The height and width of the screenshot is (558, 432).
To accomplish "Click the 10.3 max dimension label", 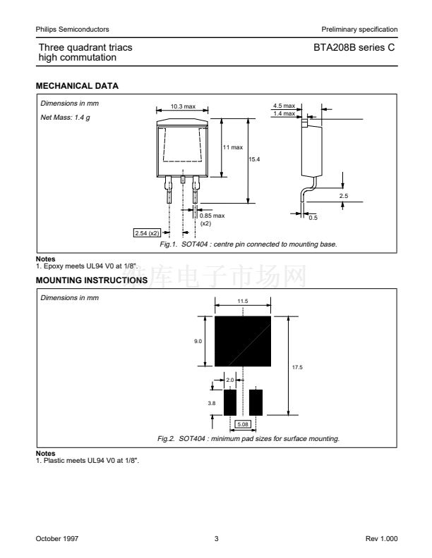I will (x=183, y=106).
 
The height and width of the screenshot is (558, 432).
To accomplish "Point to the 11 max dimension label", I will (x=233, y=147).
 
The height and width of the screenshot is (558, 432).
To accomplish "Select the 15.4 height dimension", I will (x=255, y=160).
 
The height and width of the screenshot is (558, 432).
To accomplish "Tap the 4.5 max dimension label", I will (x=284, y=106).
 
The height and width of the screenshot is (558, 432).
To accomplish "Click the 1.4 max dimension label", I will (x=284, y=113).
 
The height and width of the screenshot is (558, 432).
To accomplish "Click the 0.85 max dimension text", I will (x=212, y=216).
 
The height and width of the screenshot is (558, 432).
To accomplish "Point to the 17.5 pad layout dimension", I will (x=298, y=367).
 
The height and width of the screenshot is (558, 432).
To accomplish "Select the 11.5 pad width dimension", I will (x=243, y=301).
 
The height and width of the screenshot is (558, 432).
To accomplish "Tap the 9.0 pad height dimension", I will (x=198, y=341).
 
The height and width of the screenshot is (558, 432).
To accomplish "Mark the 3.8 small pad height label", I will (x=211, y=403).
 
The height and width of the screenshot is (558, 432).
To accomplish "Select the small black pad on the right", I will (x=256, y=402).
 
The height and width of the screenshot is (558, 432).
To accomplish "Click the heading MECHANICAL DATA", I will (x=77, y=85).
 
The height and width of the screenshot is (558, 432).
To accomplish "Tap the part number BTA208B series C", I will (x=354, y=47).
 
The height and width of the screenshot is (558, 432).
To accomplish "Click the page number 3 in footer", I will (x=216, y=538).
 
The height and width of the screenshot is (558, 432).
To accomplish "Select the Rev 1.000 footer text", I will (x=381, y=538).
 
